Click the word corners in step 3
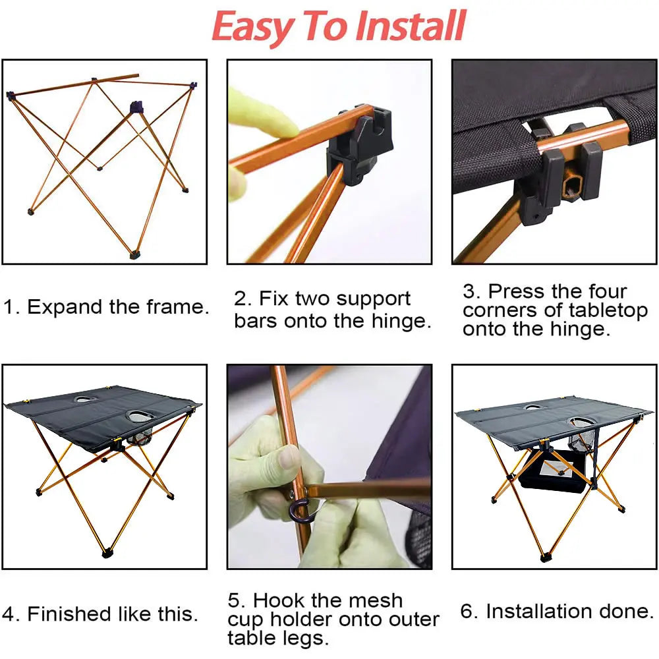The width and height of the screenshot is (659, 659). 502,310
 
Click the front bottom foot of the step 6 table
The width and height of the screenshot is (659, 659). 544,557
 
